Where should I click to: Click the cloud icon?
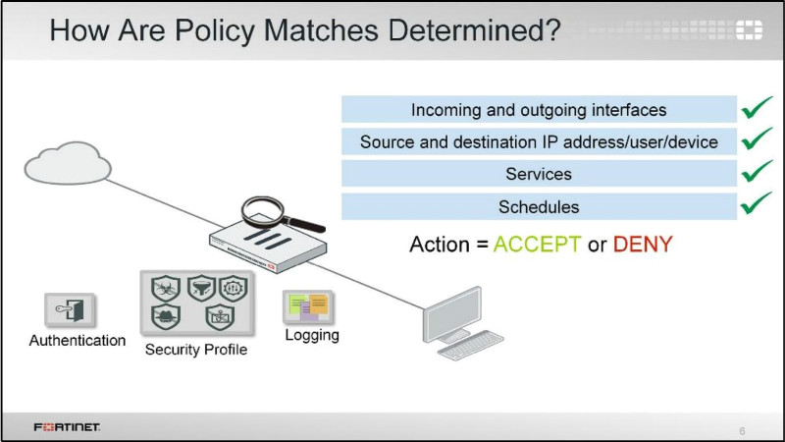(x=63, y=163)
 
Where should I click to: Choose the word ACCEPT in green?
(x=537, y=245)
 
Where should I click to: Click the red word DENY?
(x=643, y=245)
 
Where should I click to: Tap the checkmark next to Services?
(x=757, y=173)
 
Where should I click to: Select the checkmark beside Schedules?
(x=757, y=205)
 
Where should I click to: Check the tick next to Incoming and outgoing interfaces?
(x=757, y=107)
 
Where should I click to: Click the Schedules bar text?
(x=539, y=207)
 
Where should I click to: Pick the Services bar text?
(x=539, y=174)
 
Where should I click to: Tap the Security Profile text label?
(x=196, y=350)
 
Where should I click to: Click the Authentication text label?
(x=78, y=341)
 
